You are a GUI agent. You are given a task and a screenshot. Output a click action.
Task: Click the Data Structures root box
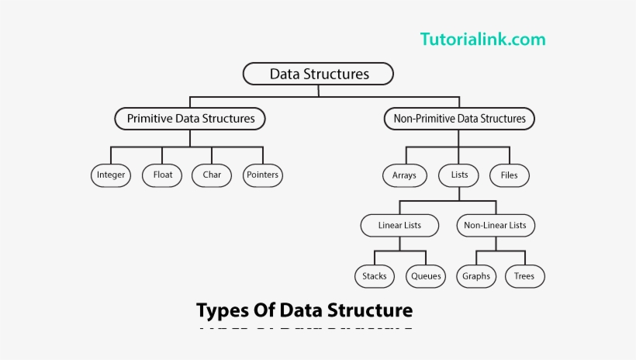[x=318, y=74]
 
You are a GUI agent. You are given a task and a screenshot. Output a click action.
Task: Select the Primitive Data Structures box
[x=190, y=119]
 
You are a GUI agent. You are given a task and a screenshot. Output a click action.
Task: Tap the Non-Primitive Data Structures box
[x=459, y=119]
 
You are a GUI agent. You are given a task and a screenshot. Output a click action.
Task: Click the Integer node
[x=111, y=175]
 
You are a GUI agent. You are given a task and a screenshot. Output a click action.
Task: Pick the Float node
[x=163, y=175]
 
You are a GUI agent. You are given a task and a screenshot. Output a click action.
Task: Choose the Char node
[x=212, y=175]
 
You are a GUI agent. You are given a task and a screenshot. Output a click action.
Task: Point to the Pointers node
[x=262, y=175]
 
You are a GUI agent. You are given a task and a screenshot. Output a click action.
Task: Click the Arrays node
[x=404, y=175]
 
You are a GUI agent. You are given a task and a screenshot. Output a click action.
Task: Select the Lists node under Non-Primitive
[x=459, y=175]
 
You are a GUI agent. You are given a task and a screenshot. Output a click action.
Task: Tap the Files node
[x=509, y=175]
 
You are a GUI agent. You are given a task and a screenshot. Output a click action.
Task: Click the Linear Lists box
[x=399, y=225]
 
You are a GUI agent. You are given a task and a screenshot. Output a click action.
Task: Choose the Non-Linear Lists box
[x=495, y=225]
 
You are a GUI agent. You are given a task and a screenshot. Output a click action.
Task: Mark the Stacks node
[x=375, y=275]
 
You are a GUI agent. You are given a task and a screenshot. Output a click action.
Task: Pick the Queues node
[x=426, y=275]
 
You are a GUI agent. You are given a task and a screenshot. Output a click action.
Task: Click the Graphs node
[x=476, y=275]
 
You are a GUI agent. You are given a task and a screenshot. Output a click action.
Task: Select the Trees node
[x=524, y=275]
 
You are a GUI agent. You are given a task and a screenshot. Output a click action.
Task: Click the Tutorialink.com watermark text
[x=482, y=39]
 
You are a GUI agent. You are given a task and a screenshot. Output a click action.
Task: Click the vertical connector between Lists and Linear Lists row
[x=459, y=193]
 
